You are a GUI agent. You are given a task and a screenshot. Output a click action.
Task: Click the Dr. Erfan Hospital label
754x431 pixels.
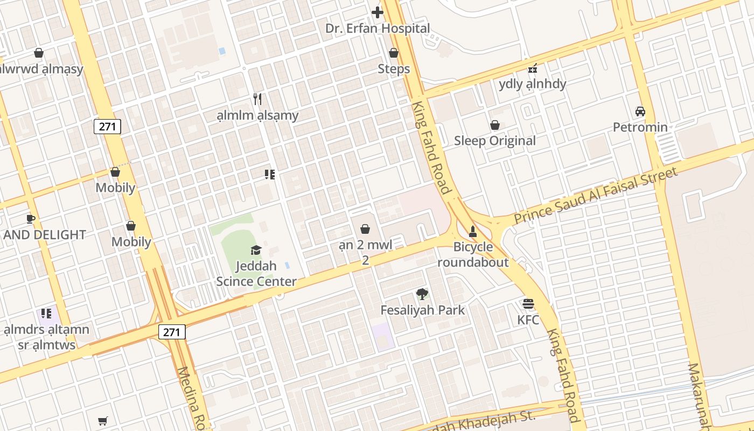[377, 29]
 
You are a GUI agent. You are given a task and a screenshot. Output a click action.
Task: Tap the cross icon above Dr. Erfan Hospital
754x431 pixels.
[377, 12]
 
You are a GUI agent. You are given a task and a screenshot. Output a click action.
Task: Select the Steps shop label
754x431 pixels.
[394, 69]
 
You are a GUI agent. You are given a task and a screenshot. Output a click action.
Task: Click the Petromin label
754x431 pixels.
[640, 127]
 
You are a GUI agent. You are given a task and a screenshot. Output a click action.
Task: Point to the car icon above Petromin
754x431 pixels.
[640, 112]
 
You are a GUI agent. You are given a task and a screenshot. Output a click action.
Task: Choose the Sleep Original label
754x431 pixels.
[495, 141]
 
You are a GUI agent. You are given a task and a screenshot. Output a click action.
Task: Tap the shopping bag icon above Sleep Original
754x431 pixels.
[495, 125]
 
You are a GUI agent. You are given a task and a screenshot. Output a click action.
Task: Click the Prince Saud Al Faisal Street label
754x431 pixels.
[596, 196]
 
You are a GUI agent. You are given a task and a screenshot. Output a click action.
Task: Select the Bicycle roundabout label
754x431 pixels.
[473, 255]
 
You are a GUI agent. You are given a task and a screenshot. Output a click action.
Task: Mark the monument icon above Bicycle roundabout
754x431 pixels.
[473, 232]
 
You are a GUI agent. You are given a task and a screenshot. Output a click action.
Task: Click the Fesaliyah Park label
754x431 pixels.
[422, 310]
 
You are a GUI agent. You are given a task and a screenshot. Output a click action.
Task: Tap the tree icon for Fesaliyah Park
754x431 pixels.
[422, 294]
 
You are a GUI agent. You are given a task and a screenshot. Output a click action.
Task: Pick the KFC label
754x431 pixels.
[528, 319]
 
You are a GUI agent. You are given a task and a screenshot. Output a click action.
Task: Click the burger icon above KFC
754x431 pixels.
[528, 304]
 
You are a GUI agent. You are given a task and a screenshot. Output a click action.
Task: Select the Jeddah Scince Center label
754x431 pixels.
[256, 274]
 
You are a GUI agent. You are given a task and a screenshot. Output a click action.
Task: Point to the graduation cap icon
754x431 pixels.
[256, 250]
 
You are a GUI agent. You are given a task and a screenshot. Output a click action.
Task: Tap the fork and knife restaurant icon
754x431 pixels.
[257, 99]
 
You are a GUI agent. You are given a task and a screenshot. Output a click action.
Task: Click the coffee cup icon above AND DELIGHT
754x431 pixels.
[31, 219]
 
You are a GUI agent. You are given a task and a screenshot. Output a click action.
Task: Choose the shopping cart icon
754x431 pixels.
[103, 421]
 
